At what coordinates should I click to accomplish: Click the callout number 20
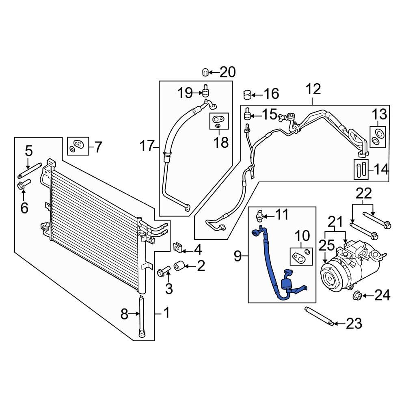click(x=227, y=72)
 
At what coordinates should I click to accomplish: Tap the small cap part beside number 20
click(x=205, y=73)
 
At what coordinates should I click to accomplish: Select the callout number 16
click(x=271, y=94)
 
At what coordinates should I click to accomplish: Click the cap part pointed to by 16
click(x=246, y=95)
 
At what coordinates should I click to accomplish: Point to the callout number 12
click(x=313, y=89)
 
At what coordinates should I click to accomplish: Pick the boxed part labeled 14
click(x=360, y=169)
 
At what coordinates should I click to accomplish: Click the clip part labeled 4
click(x=178, y=246)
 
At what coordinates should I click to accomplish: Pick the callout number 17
click(x=148, y=145)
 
